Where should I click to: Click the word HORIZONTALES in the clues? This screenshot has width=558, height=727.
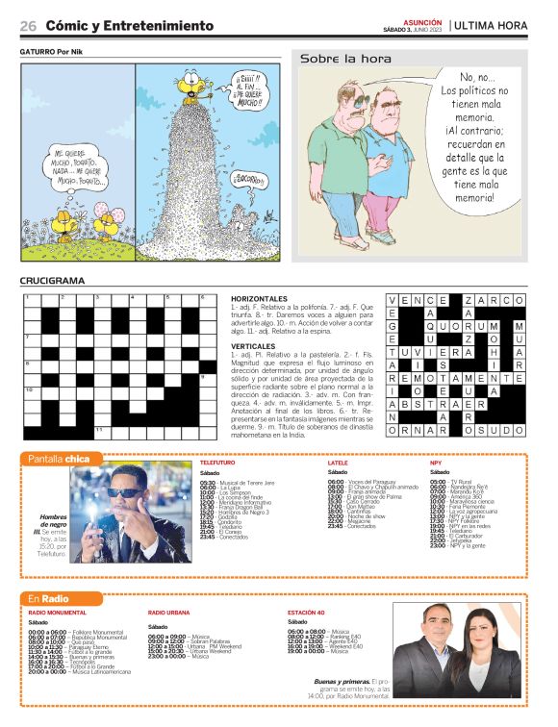pyautogui.click(x=260, y=299)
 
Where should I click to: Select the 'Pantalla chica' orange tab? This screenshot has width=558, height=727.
pyautogui.click(x=59, y=458)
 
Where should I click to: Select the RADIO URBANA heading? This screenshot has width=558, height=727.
pyautogui.click(x=168, y=612)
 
